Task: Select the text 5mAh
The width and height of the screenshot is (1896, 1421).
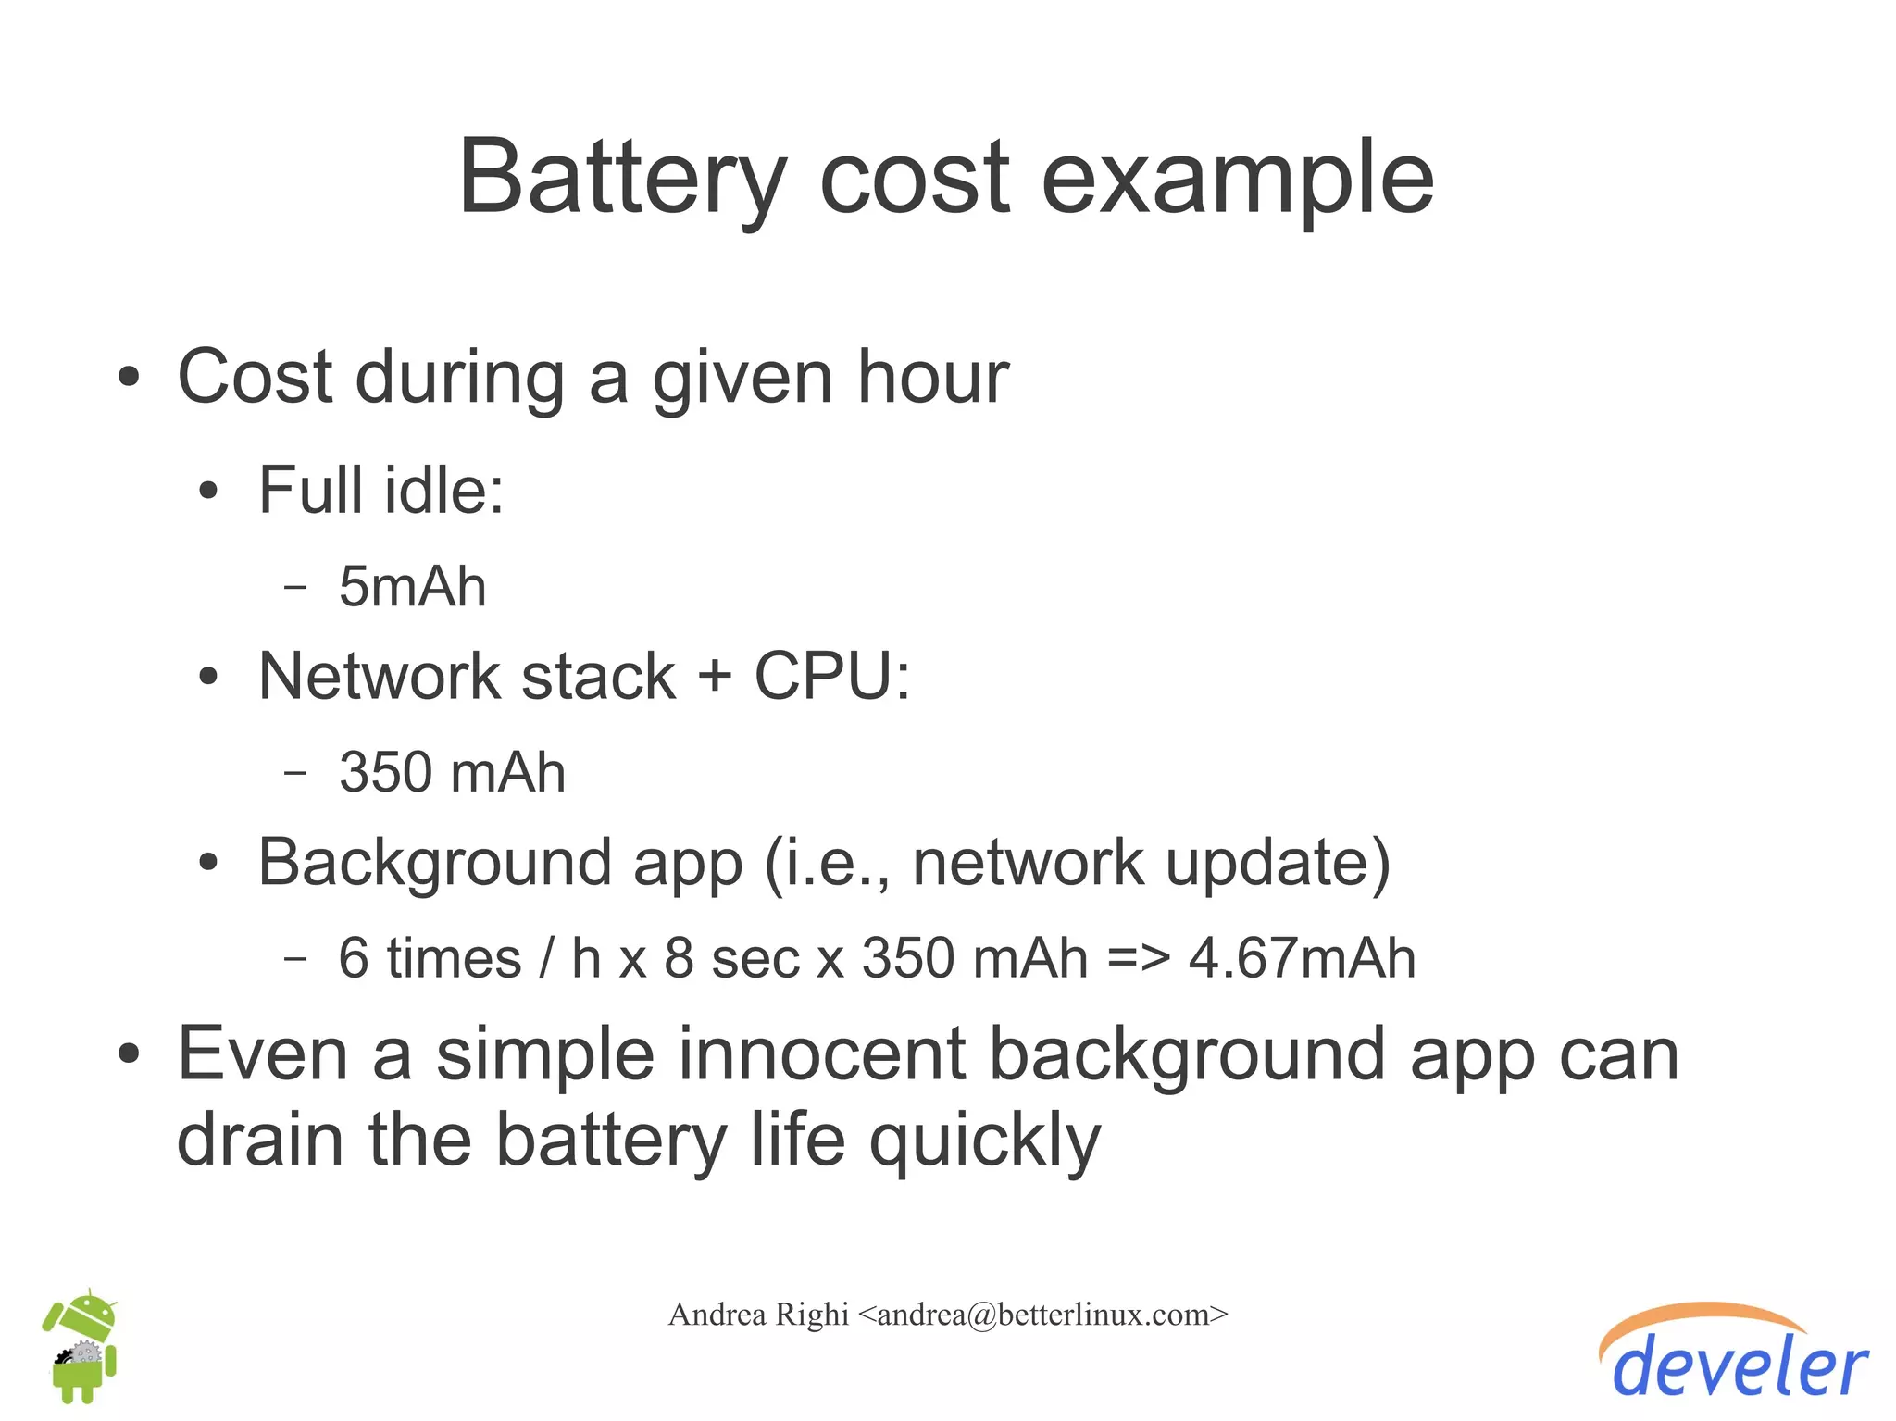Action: pyautogui.click(x=412, y=587)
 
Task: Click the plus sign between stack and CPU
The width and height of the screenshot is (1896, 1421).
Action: pyautogui.click(x=715, y=676)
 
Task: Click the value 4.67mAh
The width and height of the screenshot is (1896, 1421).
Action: pyautogui.click(x=1302, y=958)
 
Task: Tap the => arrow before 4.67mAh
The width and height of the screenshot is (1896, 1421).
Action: pyautogui.click(x=1138, y=958)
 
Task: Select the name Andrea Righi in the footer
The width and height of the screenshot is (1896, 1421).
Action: pyautogui.click(x=758, y=1315)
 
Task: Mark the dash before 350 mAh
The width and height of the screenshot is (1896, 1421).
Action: pyautogui.click(x=294, y=772)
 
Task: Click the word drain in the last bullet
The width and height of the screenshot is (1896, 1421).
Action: pyautogui.click(x=260, y=1141)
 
